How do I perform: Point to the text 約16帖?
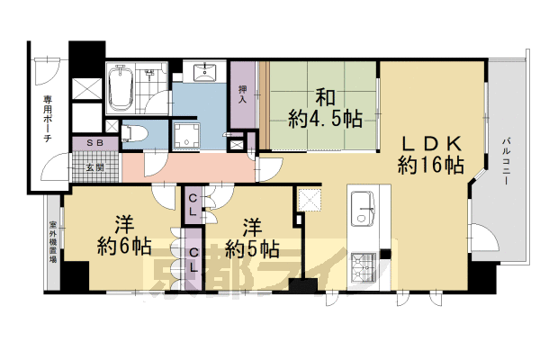click(x=431, y=166)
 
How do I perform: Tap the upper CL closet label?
click(x=194, y=205)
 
